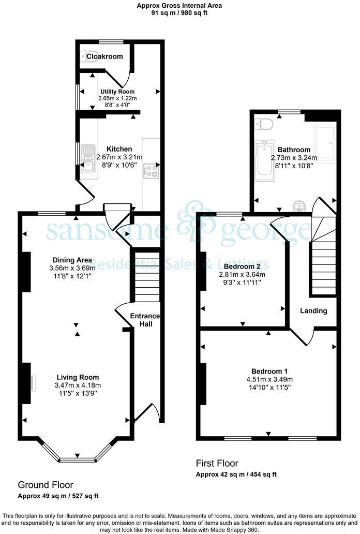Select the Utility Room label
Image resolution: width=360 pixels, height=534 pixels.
pyautogui.click(x=117, y=92)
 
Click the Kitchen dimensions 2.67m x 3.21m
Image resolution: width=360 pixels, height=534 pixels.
pyautogui.click(x=120, y=157)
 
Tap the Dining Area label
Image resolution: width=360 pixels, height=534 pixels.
pyautogui.click(x=72, y=260)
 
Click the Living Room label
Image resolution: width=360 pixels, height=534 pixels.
pyautogui.click(x=78, y=377)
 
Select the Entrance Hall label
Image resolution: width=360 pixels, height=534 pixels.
pyautogui.click(x=145, y=320)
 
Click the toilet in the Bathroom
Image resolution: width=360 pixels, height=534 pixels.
pyautogui.click(x=265, y=124)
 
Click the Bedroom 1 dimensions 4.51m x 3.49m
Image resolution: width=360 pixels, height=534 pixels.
pyautogui.click(x=269, y=379)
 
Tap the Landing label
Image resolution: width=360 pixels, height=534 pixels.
pyautogui.click(x=314, y=311)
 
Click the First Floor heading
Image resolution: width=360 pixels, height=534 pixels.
pyautogui.click(x=217, y=463)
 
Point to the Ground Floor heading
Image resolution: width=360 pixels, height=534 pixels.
pyautogui.click(x=46, y=485)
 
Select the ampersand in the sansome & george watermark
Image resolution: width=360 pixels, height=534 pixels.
pyautogui.click(x=197, y=229)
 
